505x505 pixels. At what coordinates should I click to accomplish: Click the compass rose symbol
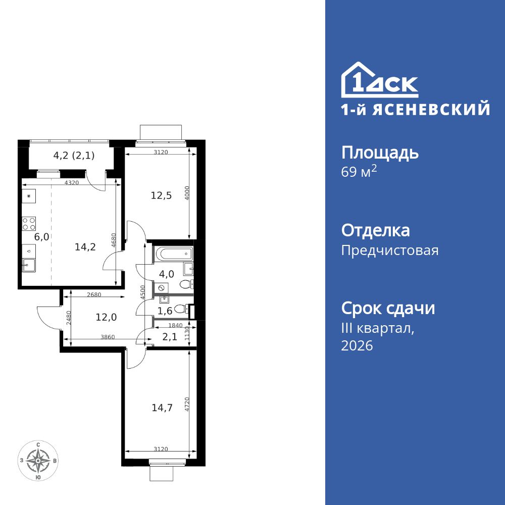click(38, 461)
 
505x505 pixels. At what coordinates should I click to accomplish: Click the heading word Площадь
click(380, 153)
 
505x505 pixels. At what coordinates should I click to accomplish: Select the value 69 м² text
click(359, 172)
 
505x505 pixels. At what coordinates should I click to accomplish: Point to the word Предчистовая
click(390, 250)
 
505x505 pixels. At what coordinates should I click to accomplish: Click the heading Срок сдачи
click(388, 308)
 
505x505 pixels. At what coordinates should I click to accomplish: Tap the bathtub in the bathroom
click(173, 253)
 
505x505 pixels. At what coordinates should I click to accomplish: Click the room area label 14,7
click(162, 408)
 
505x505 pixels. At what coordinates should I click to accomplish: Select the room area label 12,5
click(161, 195)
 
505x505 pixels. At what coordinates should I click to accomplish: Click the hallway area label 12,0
click(107, 317)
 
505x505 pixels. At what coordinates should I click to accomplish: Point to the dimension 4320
click(72, 183)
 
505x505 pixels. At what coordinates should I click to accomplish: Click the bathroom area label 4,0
click(167, 274)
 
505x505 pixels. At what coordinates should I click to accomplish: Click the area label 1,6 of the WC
click(166, 311)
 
